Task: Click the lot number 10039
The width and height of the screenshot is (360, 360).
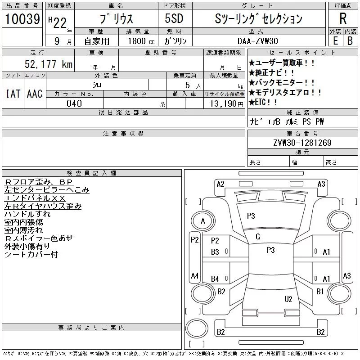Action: (22, 19)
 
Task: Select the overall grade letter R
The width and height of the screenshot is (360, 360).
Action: (343, 18)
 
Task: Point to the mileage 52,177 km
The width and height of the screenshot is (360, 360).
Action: (49, 64)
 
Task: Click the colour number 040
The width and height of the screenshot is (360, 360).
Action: (74, 103)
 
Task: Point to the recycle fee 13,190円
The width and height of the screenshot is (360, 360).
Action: (224, 103)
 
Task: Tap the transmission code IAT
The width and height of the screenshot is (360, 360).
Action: (13, 94)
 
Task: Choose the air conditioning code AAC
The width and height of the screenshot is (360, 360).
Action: (35, 94)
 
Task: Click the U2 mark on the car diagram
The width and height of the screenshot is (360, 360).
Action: (288, 299)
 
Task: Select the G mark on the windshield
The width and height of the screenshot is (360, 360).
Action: (258, 237)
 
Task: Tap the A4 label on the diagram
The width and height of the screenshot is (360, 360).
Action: (194, 275)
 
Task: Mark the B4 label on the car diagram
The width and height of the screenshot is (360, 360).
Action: (215, 279)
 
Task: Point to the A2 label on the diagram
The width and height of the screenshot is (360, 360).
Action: (220, 184)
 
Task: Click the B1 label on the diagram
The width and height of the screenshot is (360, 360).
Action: (320, 292)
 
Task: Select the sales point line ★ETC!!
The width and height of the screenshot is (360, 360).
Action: (263, 103)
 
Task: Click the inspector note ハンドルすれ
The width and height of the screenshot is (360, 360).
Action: (27, 214)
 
